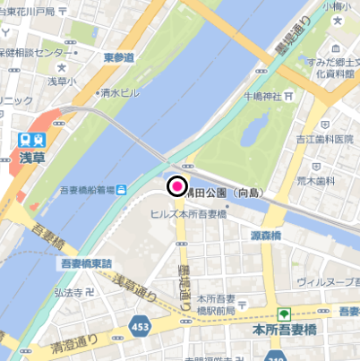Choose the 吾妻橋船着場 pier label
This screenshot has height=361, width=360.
point(88,189)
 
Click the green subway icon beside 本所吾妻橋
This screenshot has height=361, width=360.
point(285,314)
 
